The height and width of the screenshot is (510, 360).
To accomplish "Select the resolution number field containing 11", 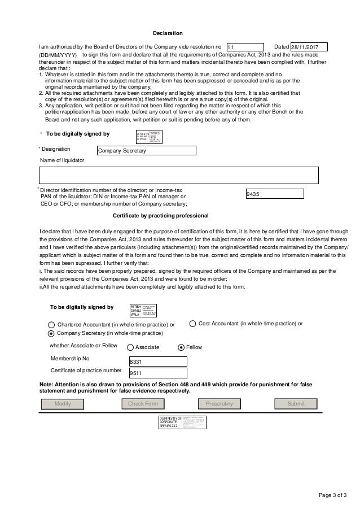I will [244, 47].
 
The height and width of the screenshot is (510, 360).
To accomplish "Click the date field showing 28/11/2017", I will [308, 47].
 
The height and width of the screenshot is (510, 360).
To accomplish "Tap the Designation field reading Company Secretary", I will [146, 151].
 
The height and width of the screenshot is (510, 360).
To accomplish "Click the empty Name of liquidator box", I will [178, 176].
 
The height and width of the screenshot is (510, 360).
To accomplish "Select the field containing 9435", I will [275, 194].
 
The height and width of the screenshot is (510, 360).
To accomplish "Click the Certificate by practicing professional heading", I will [161, 216].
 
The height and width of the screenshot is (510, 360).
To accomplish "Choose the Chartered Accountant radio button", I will [52, 325].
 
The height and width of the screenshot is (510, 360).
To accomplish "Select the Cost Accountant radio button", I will [192, 324].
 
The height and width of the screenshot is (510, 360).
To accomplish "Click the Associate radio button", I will [130, 347].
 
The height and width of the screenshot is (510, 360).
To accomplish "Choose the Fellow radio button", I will [181, 347].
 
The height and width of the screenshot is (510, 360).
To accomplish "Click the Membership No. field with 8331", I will [158, 361].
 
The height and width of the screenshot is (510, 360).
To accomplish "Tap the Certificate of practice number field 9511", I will [158, 373].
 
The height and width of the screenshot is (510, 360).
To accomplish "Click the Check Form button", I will [143, 404].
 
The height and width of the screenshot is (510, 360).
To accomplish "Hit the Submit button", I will [296, 404].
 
